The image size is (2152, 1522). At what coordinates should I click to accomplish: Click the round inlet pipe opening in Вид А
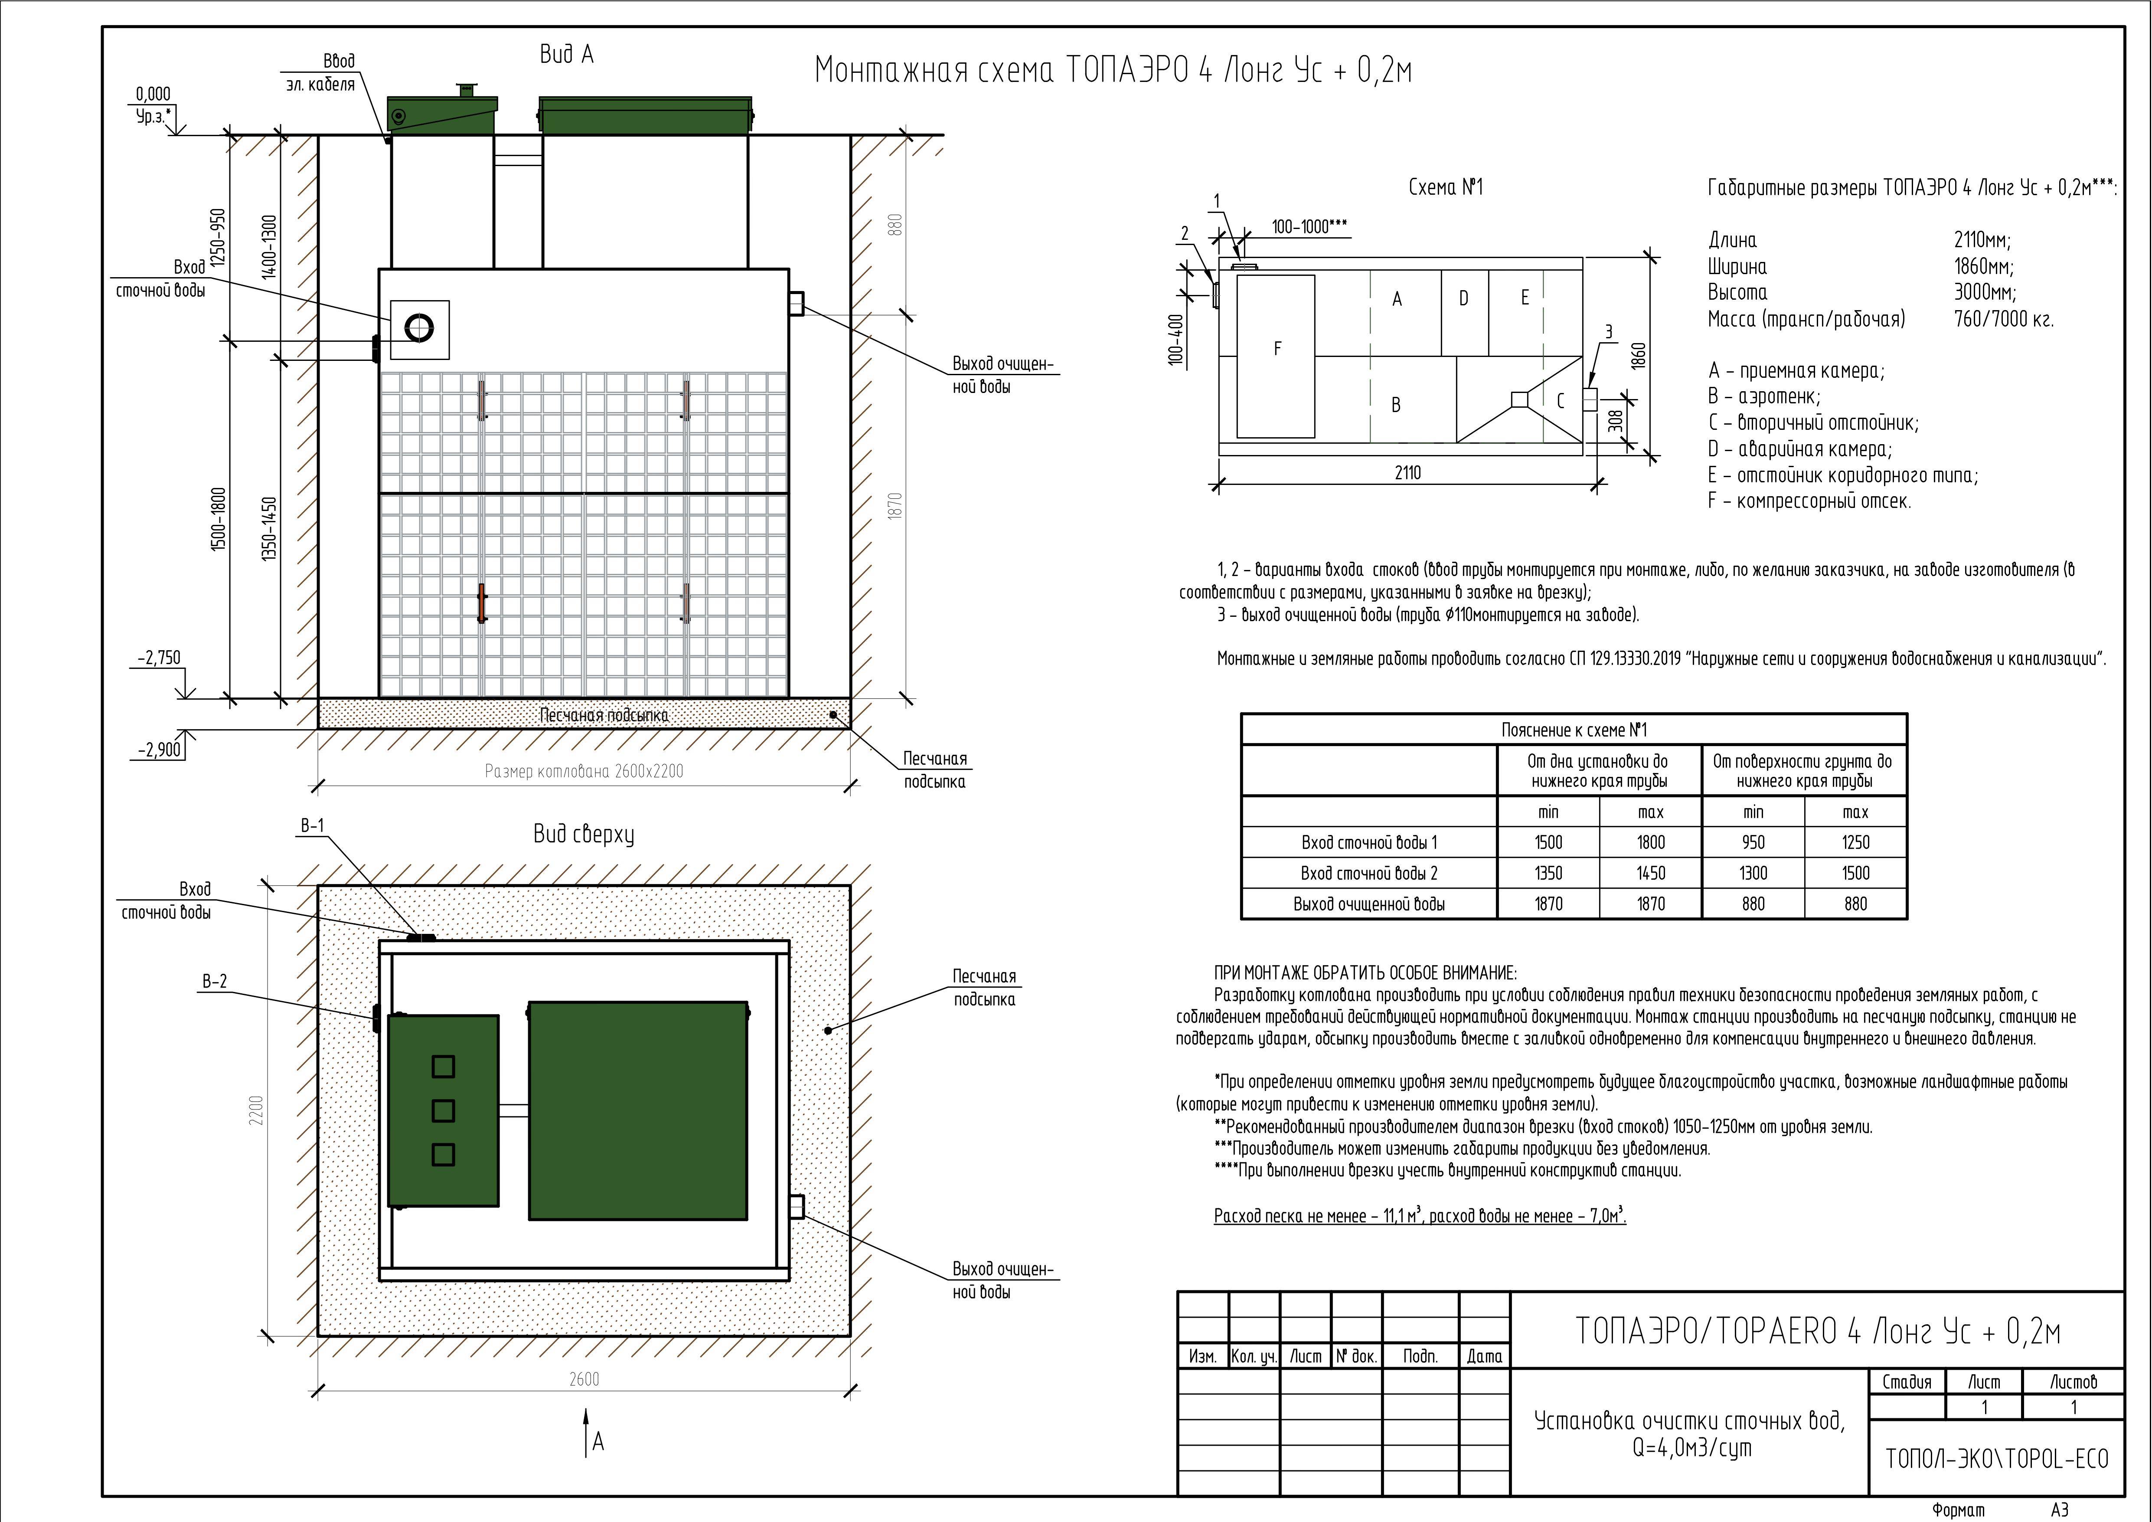pos(419,327)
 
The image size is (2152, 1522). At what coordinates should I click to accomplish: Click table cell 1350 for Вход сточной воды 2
pos(1548,873)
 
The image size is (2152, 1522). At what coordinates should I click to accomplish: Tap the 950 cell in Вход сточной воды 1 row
pos(1753,842)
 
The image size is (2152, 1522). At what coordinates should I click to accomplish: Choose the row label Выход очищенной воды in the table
pos(1368,904)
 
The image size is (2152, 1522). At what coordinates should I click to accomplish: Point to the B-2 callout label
pos(215,982)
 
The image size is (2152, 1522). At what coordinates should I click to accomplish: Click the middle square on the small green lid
pos(443,1110)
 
